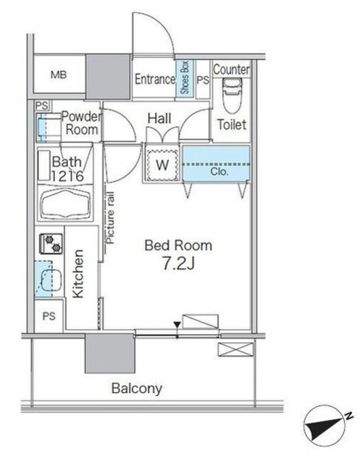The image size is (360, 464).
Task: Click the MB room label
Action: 59,75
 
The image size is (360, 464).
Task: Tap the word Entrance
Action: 155,79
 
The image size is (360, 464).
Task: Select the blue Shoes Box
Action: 185,78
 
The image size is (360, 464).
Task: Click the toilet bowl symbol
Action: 233,95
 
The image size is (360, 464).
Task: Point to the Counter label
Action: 232,70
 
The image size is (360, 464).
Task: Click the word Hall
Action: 159,118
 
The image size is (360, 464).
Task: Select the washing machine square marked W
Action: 162,165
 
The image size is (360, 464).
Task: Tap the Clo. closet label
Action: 219,171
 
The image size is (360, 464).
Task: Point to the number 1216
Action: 67,176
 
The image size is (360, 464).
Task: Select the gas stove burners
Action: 51,244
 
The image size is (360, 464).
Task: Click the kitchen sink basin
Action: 51,280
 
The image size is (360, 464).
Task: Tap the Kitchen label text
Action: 78,274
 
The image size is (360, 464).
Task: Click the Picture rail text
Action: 110,217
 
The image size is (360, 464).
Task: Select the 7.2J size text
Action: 178,264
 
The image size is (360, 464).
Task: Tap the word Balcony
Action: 137,389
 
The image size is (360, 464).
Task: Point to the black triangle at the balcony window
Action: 177,325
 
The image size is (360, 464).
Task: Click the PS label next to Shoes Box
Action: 203,80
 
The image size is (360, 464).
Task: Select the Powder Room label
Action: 81,123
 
